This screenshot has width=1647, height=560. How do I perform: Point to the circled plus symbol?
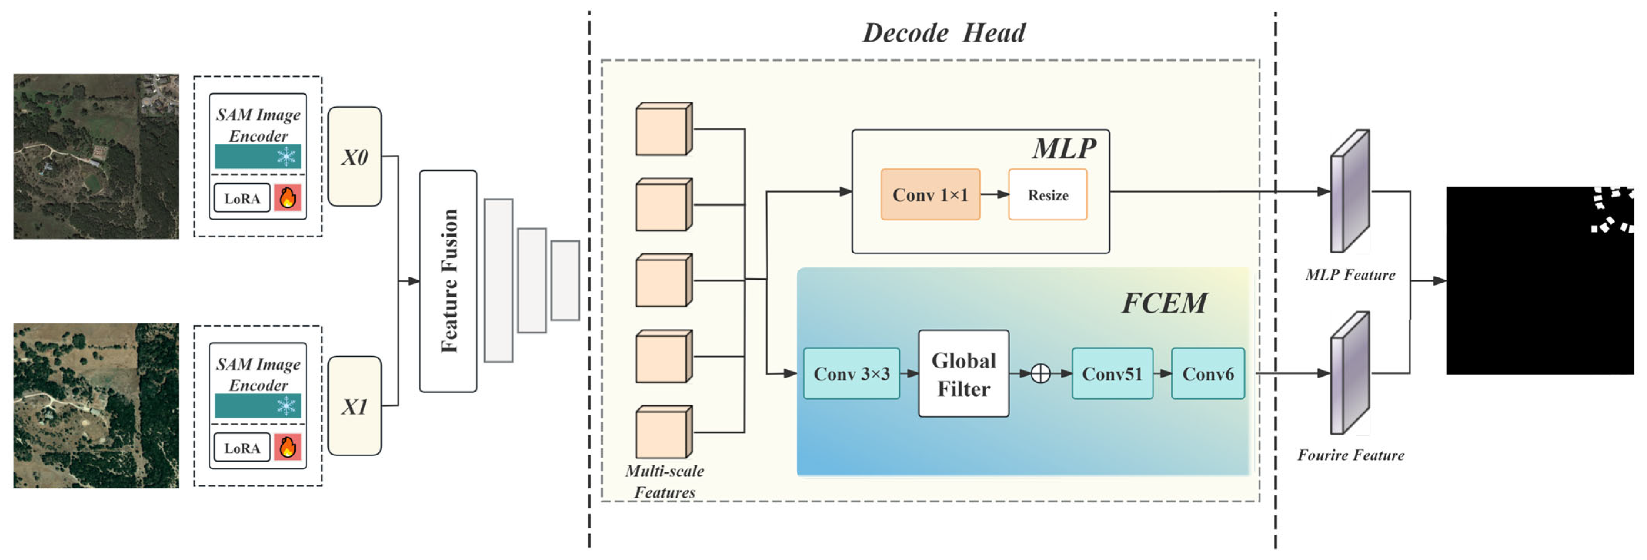click(x=1040, y=373)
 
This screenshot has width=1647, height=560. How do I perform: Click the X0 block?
click(x=354, y=157)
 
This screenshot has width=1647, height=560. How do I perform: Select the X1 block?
click(x=354, y=406)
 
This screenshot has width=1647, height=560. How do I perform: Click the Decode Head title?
click(x=943, y=33)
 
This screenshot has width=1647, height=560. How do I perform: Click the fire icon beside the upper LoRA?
click(x=288, y=198)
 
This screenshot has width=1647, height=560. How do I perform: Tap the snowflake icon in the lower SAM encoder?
click(x=286, y=405)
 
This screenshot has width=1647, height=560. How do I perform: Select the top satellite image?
click(x=96, y=156)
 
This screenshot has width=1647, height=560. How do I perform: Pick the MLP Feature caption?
click(x=1350, y=275)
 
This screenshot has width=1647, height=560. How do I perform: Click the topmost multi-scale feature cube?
click(x=663, y=129)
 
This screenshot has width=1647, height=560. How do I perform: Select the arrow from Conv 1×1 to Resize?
click(x=994, y=194)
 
